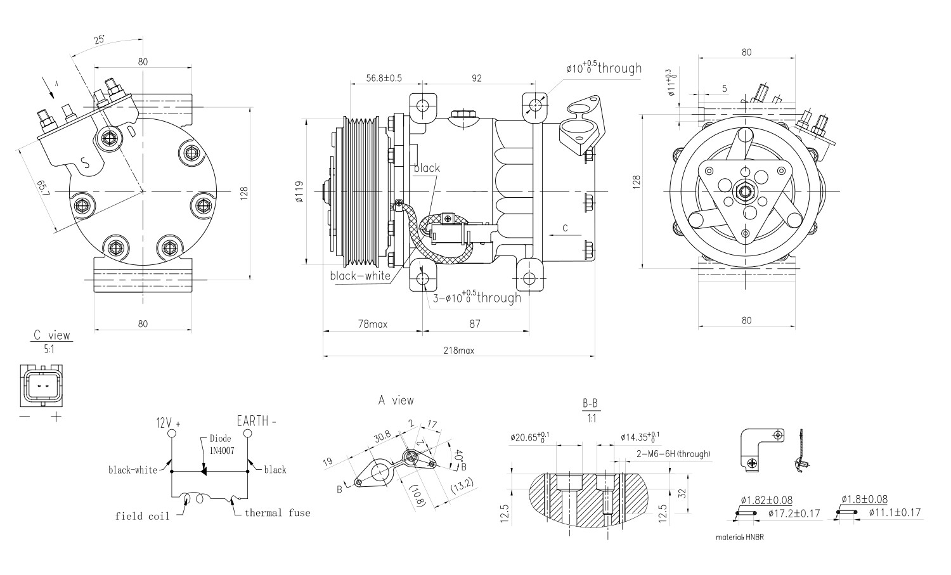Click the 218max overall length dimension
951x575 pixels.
pyautogui.click(x=459, y=350)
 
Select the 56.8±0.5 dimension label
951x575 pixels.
pyautogui.click(x=384, y=78)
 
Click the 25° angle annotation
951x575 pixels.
pyautogui.click(x=100, y=39)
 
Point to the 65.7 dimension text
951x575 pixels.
pyautogui.click(x=42, y=188)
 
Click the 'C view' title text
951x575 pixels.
pyautogui.click(x=52, y=335)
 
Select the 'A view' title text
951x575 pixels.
pyautogui.click(x=396, y=400)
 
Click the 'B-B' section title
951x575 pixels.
pyautogui.click(x=590, y=403)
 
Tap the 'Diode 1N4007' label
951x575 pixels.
pyautogui.click(x=220, y=444)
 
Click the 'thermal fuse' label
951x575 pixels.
pyautogui.click(x=278, y=512)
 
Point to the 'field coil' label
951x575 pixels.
pyautogui.click(x=142, y=516)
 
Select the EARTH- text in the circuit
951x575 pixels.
pyautogui.click(x=257, y=420)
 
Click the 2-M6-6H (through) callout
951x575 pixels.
pyautogui.click(x=673, y=454)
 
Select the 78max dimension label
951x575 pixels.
pyautogui.click(x=373, y=324)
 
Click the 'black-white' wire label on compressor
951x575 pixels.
pyautogui.click(x=360, y=276)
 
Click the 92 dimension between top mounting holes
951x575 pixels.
pyautogui.click(x=477, y=78)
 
